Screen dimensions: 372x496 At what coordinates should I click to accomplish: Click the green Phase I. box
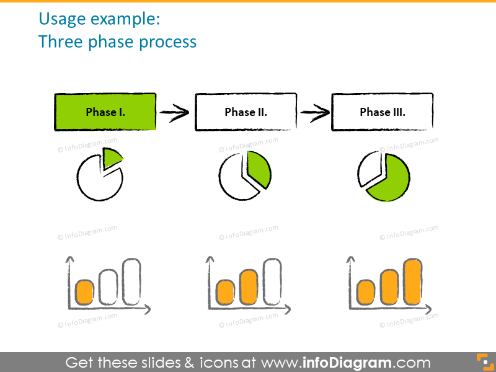pos(105,112)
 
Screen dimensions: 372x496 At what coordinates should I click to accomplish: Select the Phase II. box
pos(246,112)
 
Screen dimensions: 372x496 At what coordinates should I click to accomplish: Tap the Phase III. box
pos(382,112)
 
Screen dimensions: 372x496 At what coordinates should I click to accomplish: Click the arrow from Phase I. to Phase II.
pos(174,112)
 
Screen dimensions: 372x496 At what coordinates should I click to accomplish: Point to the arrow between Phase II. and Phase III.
pos(314,112)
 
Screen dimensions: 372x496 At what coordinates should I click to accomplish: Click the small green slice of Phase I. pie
pos(111,159)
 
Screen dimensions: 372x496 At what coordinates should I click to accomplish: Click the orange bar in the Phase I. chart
pos(84,291)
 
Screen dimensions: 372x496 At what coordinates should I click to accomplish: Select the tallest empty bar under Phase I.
pos(131,281)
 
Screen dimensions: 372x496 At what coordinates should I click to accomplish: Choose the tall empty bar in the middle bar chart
pos(272,281)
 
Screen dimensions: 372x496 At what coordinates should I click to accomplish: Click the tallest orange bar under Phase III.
pos(413,282)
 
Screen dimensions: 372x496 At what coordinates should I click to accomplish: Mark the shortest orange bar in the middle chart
pos(225,292)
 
